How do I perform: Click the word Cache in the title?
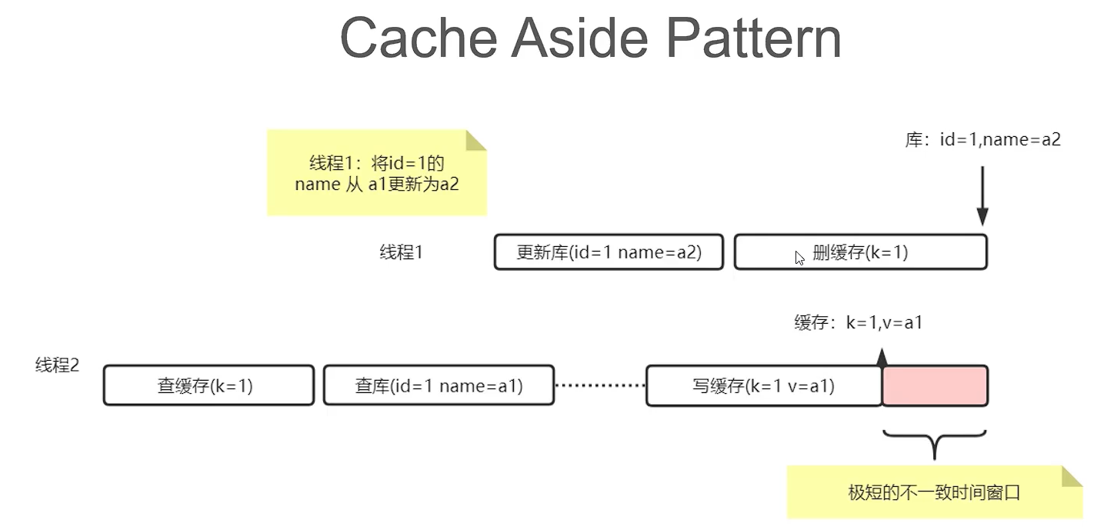[419, 38]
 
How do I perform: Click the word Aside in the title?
[579, 38]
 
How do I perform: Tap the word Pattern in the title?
[754, 38]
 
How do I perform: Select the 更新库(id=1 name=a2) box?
[609, 252]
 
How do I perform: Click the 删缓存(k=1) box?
[861, 252]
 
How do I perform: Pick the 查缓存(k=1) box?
[208, 385]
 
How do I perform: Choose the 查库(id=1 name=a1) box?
[439, 385]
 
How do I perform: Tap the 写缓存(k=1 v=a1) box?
[763, 385]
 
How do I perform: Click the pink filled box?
[935, 385]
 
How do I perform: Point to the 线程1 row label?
[401, 252]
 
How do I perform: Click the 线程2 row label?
[57, 365]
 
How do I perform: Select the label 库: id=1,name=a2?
[982, 140]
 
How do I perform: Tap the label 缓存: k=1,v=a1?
[858, 322]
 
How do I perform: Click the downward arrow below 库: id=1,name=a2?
[982, 196]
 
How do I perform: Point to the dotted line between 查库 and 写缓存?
[600, 385]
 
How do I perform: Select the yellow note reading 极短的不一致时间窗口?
[935, 492]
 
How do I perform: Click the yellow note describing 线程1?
[377, 173]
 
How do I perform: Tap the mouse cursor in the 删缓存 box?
[799, 258]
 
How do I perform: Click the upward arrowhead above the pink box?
[882, 357]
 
